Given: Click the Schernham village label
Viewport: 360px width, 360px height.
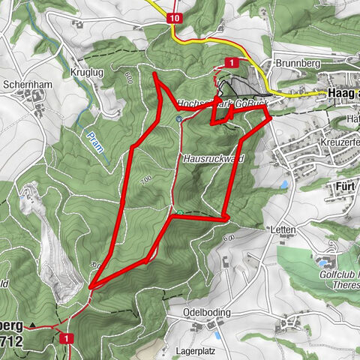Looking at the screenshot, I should coord(27,85).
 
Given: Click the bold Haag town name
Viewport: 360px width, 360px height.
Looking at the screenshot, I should coord(343,94).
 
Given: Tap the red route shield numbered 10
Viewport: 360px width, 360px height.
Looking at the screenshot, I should coord(174,17).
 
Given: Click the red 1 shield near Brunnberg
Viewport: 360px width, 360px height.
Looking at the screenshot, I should coord(232,62).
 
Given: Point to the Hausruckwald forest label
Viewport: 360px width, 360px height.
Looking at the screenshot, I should coord(214,159).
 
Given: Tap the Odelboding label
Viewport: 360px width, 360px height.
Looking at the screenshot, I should coord(205,312).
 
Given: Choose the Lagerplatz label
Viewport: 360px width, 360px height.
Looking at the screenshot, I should coord(202,349).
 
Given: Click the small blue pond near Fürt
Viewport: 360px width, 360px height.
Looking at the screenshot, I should coord(284,184).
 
